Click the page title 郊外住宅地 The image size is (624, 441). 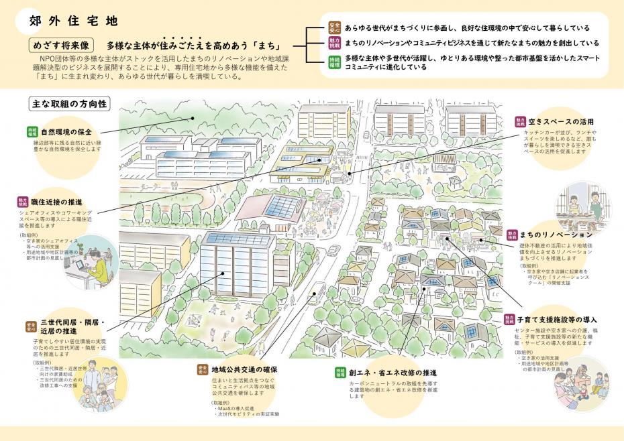(74, 21)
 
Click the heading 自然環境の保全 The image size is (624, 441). (66, 132)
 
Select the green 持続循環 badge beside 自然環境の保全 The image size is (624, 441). (32, 132)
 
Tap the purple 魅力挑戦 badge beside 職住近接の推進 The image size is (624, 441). (23, 202)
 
